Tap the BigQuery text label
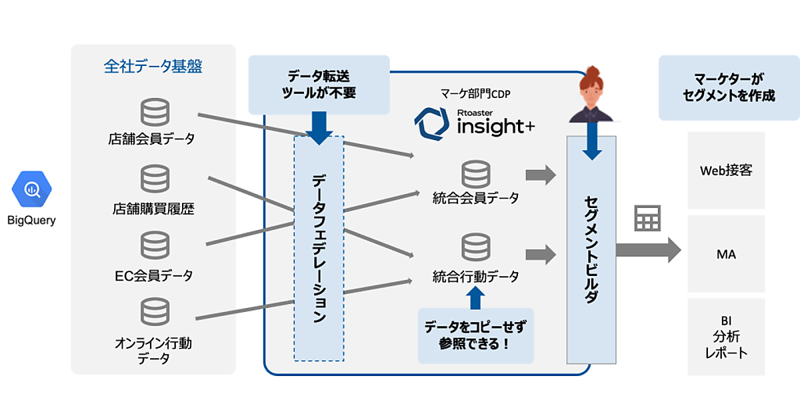click(x=32, y=221)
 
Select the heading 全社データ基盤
click(x=153, y=67)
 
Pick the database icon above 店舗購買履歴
click(x=155, y=179)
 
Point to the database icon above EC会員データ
click(x=155, y=245)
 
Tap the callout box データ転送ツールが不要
click(x=319, y=85)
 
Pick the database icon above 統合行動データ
click(x=475, y=248)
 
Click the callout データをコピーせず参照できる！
click(x=475, y=335)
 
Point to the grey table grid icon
click(x=647, y=218)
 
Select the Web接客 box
click(x=726, y=171)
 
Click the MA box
click(x=726, y=254)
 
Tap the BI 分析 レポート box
click(x=726, y=337)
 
